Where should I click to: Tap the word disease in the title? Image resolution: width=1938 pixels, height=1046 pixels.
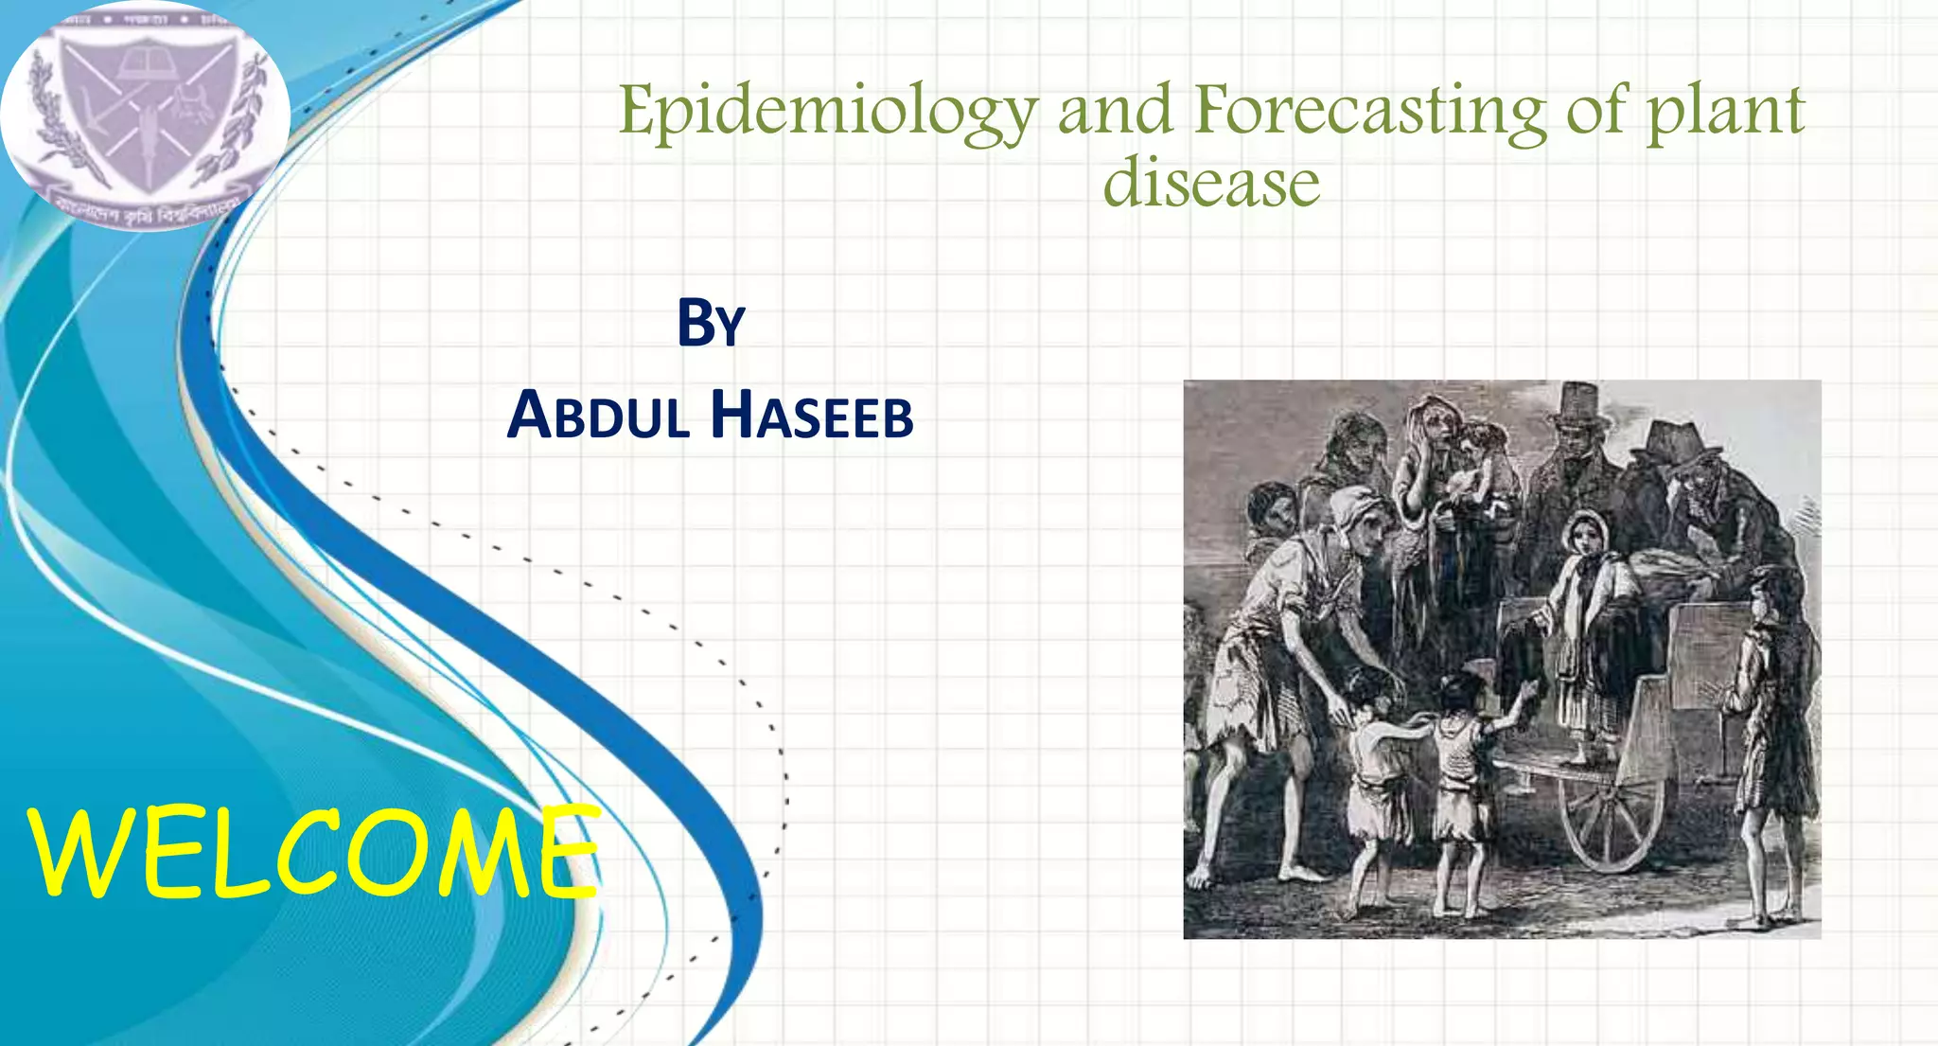(x=1211, y=183)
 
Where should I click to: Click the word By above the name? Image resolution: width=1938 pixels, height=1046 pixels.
(x=712, y=324)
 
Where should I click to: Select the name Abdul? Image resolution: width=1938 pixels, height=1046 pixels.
(x=598, y=416)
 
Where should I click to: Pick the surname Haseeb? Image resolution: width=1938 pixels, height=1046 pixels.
(x=812, y=416)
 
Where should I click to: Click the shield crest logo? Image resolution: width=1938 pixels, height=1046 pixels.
(x=146, y=115)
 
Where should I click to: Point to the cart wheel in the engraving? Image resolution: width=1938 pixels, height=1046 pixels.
(x=1608, y=820)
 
